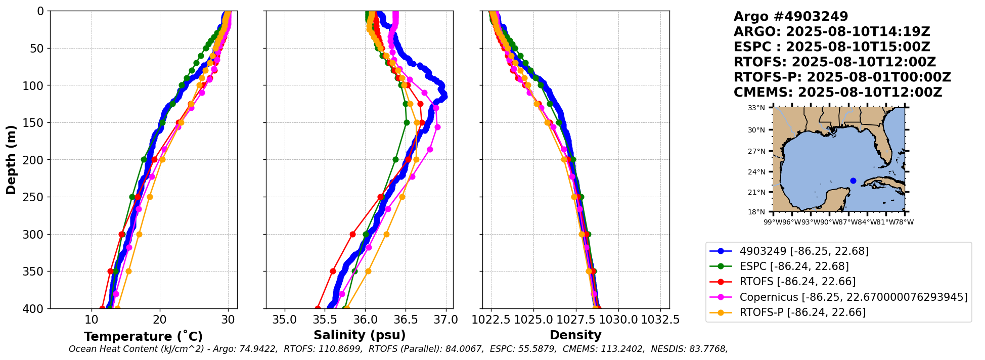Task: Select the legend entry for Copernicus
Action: point(853,297)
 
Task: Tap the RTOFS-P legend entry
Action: point(802,312)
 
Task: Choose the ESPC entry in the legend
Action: point(794,266)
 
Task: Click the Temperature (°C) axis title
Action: point(143,337)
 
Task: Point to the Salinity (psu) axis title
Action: point(360,335)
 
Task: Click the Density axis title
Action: point(575,335)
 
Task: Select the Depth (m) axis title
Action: point(11,160)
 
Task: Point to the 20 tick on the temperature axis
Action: point(160,320)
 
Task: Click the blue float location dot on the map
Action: point(853,181)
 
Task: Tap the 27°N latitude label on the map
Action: point(756,151)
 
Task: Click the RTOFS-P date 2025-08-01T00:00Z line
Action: point(842,77)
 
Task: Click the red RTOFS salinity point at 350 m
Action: point(333,271)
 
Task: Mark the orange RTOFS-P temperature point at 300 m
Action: point(139,234)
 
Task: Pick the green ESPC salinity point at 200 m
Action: point(395,159)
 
